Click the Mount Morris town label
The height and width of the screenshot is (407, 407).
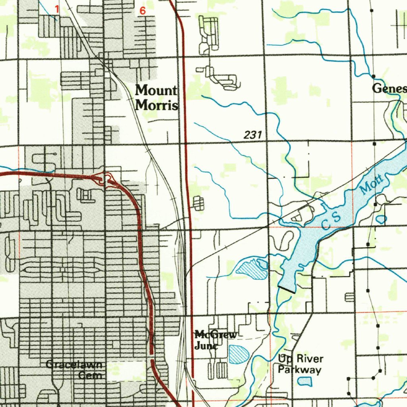click(157, 98)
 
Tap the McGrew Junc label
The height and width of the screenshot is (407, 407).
click(215, 340)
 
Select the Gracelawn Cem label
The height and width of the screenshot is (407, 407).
click(74, 370)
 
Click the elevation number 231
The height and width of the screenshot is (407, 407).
click(253, 135)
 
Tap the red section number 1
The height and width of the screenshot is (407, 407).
click(56, 9)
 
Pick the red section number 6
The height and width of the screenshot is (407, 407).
click(142, 11)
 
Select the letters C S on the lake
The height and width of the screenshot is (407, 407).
click(331, 221)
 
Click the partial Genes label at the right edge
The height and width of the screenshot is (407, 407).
click(389, 89)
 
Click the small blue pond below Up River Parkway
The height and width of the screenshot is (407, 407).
click(305, 382)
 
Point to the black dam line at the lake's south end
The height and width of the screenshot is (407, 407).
click(287, 289)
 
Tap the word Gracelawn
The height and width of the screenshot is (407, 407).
click(74, 364)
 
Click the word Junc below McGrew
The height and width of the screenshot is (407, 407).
click(206, 345)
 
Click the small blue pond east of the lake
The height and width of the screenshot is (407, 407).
click(381, 219)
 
